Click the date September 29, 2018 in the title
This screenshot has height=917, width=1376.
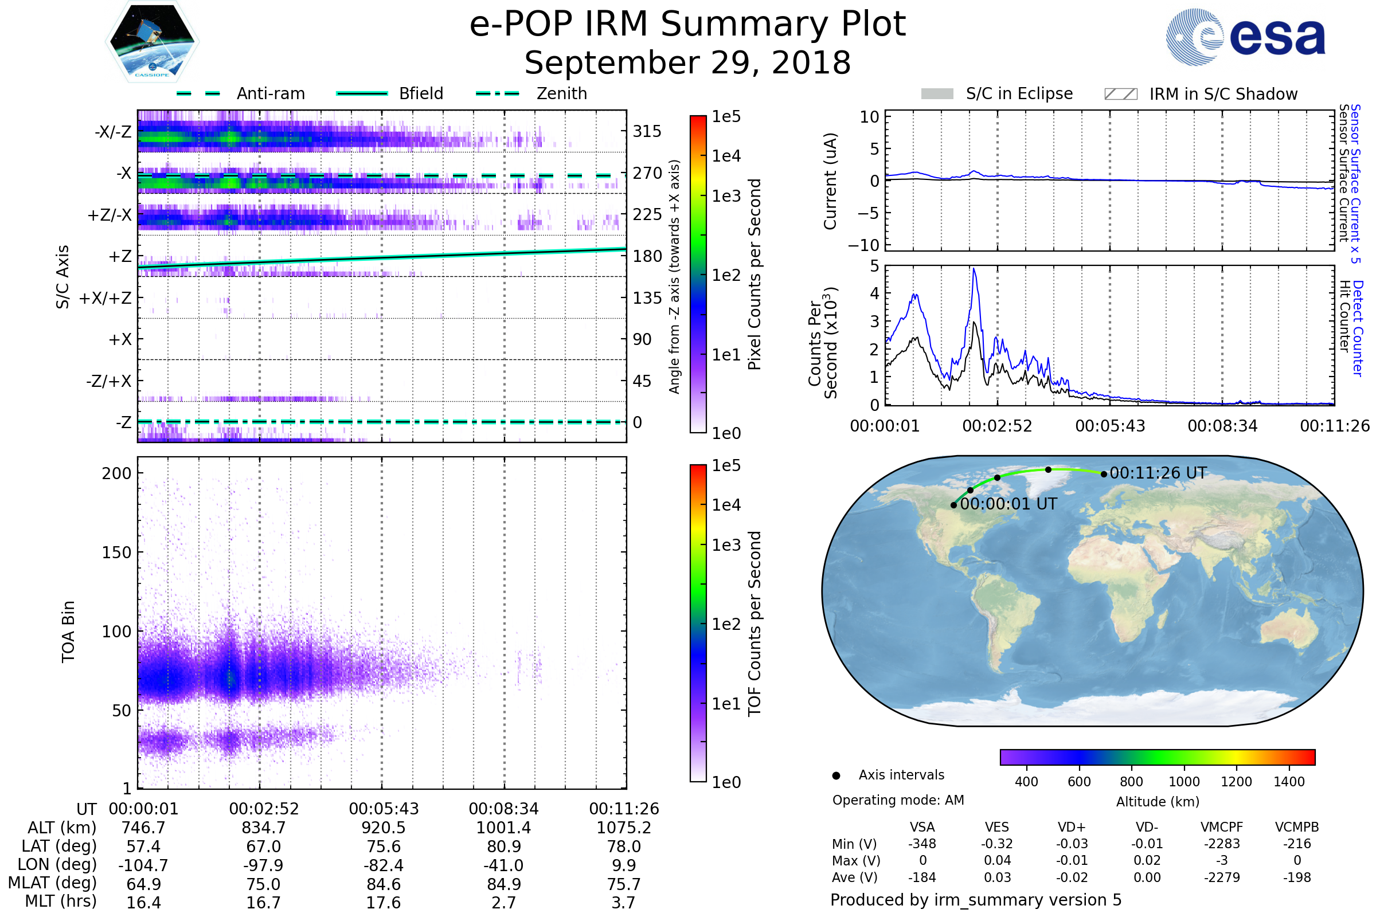[687, 63]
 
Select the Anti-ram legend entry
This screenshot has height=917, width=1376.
[270, 93]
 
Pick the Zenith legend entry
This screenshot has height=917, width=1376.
[562, 93]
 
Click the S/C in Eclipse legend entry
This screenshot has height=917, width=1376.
[1019, 93]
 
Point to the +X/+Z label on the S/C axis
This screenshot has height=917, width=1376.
[105, 298]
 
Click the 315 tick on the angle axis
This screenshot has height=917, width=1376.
[647, 131]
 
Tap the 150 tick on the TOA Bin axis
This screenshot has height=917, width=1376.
[116, 552]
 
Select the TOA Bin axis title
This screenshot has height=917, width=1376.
[68, 632]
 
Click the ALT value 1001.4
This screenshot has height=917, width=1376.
[503, 828]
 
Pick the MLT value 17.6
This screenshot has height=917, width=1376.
[383, 902]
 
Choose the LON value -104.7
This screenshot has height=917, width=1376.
[143, 865]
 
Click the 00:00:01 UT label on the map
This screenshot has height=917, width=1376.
[1008, 504]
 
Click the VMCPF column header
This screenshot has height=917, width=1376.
[1222, 827]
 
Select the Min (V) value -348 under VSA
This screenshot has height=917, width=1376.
[922, 844]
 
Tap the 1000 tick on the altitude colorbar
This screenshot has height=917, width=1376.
[1184, 782]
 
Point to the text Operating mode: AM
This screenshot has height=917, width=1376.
[898, 800]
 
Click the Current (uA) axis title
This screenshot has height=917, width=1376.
[830, 181]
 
